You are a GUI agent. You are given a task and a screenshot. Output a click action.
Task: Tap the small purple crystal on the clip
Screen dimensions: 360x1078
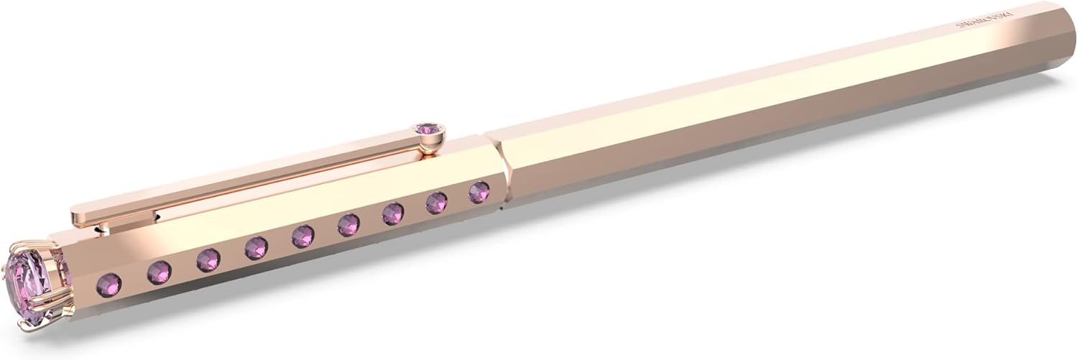click(x=429, y=129)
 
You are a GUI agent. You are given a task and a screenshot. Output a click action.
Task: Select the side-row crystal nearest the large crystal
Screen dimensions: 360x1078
click(x=109, y=285)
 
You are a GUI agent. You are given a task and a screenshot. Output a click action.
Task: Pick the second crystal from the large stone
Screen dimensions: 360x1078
click(x=159, y=272)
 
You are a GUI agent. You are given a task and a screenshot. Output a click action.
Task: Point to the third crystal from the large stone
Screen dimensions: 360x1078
click(x=208, y=259)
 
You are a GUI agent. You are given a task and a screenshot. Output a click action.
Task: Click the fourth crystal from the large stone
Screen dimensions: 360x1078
click(x=256, y=248)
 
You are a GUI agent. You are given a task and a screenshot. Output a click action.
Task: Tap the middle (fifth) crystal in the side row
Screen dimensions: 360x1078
click(x=303, y=236)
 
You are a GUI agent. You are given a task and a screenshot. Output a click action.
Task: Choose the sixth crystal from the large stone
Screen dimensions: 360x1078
click(x=349, y=225)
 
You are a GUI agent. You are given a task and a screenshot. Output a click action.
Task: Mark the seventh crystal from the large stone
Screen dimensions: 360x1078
click(x=393, y=213)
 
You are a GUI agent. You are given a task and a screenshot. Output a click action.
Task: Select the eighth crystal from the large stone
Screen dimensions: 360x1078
click(x=436, y=203)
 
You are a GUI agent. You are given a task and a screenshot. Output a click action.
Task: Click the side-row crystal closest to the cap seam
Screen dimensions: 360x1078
click(x=479, y=192)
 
